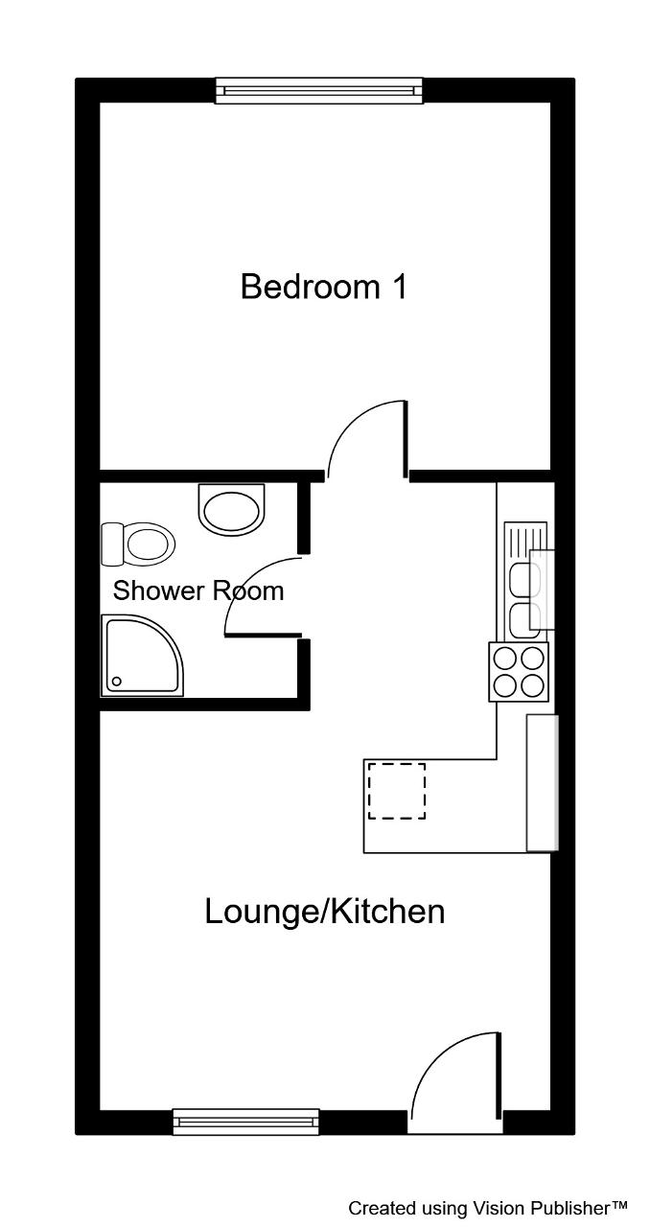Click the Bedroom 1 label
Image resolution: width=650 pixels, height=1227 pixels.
click(x=323, y=287)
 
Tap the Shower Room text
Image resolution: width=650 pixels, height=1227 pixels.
click(x=197, y=590)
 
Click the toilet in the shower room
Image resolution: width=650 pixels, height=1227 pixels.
click(x=137, y=544)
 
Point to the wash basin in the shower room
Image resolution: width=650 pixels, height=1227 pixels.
click(x=231, y=509)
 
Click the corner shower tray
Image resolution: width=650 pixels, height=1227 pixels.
click(x=141, y=656)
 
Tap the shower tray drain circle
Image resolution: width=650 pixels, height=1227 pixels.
click(x=116, y=682)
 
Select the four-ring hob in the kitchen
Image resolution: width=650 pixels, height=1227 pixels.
click(x=519, y=672)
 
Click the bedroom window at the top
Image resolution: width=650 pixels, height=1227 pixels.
click(x=319, y=90)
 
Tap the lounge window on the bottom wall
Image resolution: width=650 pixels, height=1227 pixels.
click(x=246, y=1122)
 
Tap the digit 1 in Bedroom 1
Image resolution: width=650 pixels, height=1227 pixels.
click(x=400, y=287)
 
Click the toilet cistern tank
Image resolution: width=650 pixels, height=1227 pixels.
click(x=112, y=544)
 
